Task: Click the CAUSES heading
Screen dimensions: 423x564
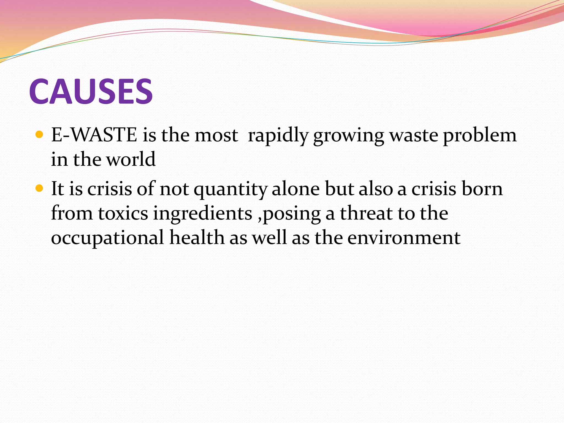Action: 91,91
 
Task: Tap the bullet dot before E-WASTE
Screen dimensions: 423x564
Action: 40,135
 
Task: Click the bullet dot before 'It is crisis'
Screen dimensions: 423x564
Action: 40,189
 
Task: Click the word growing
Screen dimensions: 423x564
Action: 349,136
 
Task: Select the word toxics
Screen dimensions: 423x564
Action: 123,213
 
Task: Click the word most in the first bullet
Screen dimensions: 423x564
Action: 216,135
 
